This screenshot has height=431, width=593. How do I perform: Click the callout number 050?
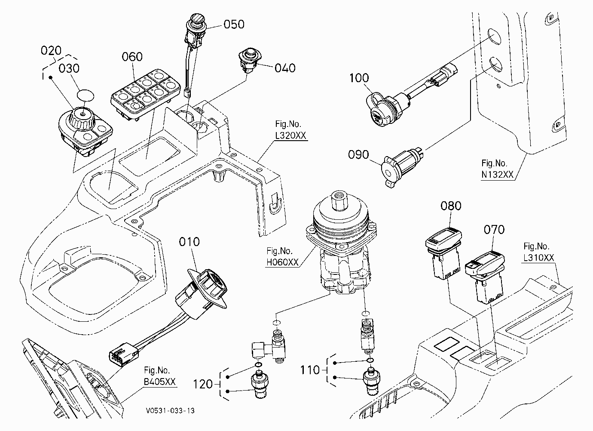[x=234, y=25]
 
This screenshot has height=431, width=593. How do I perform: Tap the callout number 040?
[x=285, y=68]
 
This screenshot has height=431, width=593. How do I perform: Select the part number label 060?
[x=132, y=57]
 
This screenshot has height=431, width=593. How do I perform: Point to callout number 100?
[x=359, y=78]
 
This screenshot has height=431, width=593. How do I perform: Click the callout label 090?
[x=358, y=154]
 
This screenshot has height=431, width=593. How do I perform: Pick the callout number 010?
[x=189, y=242]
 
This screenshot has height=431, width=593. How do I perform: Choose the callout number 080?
[x=451, y=206]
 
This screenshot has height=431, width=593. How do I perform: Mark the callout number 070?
[x=494, y=230]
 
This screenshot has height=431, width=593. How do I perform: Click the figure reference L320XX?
[x=290, y=135]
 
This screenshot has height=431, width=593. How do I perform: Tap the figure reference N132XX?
[x=498, y=174]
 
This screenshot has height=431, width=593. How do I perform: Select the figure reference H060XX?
[x=282, y=262]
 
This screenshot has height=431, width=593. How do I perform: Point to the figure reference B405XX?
[x=159, y=382]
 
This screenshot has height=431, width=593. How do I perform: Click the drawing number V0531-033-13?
[x=170, y=411]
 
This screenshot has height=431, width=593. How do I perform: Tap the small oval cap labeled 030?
[x=85, y=95]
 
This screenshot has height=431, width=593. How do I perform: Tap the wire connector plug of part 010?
[x=124, y=354]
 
